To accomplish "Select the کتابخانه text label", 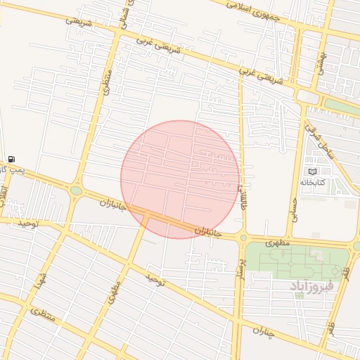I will point(314,182).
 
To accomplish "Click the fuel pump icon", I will point(12,160).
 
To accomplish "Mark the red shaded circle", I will point(180,179).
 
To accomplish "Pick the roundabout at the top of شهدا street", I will point(76,190).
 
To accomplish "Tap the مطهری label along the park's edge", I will point(280,243).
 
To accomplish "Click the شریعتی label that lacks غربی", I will point(79,20).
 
